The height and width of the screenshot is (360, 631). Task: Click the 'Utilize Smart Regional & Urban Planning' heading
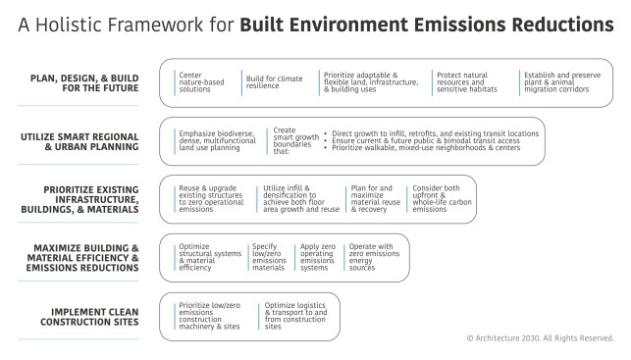pyautogui.click(x=83, y=137)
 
